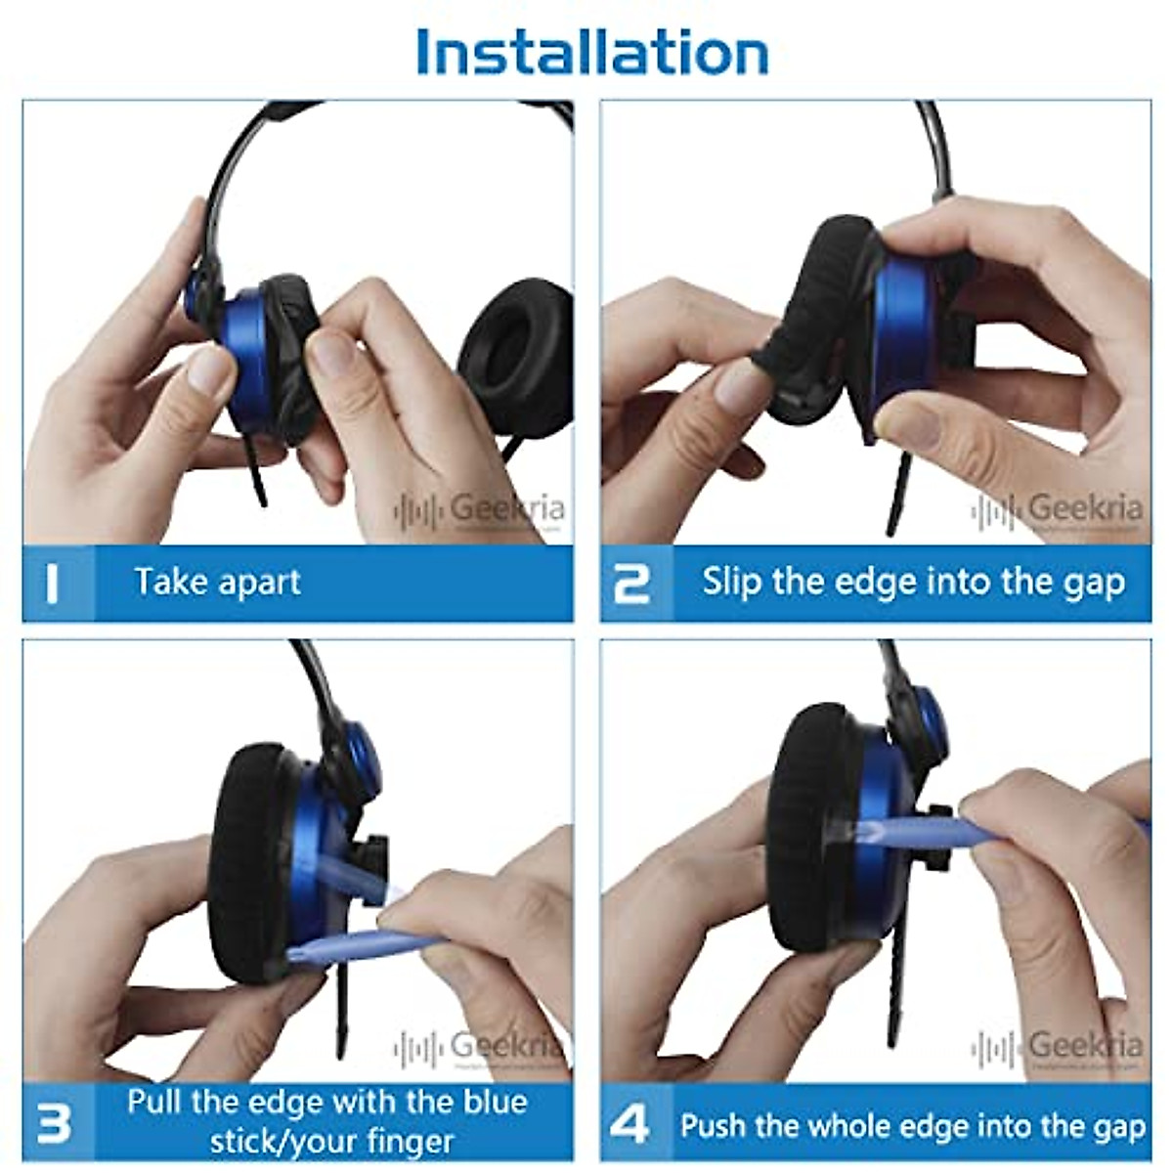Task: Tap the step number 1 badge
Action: (x=54, y=584)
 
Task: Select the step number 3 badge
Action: (x=54, y=1122)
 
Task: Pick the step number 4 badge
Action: (x=630, y=1124)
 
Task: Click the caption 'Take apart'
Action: (x=217, y=583)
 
